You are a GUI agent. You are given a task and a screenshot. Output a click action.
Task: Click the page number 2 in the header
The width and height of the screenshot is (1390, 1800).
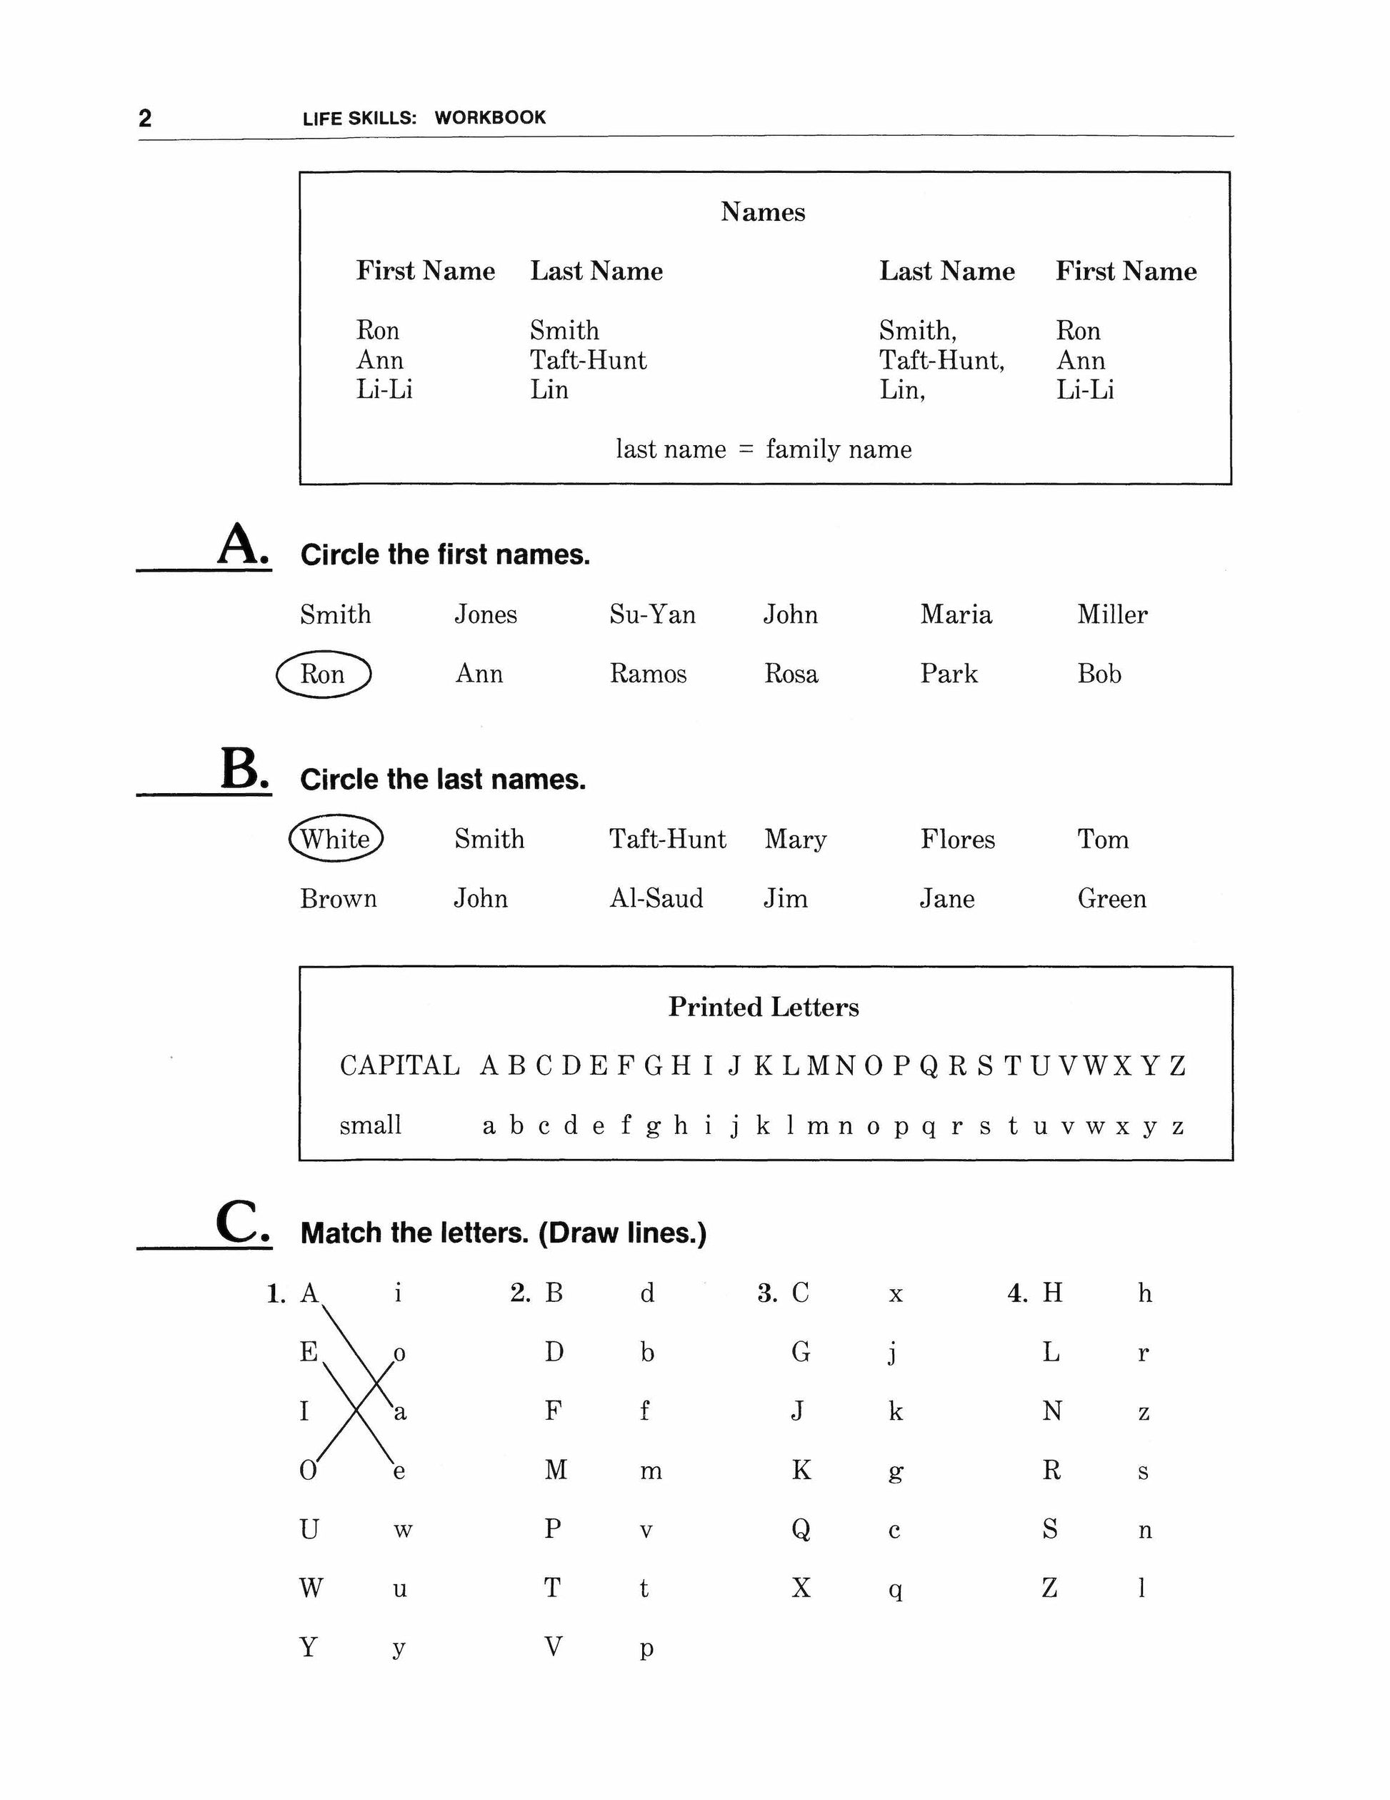pos(145,118)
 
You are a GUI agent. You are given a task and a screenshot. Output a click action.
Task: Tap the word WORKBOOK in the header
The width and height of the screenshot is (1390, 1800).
pos(490,117)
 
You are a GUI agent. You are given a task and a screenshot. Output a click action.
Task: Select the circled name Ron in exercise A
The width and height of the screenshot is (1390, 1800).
pos(322,674)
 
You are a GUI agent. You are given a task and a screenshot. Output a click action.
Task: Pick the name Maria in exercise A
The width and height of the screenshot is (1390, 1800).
pos(956,615)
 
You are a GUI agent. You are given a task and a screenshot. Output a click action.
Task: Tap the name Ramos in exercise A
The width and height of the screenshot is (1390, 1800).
pos(648,674)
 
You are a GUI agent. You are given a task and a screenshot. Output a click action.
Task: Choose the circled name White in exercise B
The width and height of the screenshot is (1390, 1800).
pos(335,839)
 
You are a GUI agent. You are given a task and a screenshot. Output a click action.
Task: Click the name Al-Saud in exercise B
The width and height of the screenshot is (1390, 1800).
pos(656,898)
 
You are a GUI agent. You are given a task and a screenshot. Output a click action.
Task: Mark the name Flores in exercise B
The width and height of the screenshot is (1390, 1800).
pos(957,839)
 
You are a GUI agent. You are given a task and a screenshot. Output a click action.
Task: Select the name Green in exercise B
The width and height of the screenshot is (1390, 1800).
pos(1111,898)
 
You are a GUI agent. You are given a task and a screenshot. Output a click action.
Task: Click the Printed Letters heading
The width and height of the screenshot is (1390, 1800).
pos(763,1007)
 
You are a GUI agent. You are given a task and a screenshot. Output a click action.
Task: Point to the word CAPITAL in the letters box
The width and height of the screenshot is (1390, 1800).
pos(399,1065)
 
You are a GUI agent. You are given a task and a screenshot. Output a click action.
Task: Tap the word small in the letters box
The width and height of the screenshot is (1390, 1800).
pos(370,1125)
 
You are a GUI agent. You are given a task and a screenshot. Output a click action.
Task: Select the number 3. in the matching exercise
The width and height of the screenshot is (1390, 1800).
pos(768,1294)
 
